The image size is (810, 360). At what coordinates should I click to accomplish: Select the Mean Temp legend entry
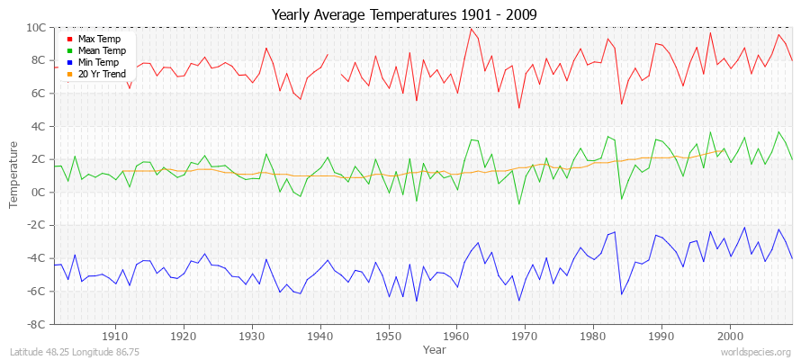tap(100, 51)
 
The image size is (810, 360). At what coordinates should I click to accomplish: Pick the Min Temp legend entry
tap(98, 63)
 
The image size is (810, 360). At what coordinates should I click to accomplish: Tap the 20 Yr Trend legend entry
tap(101, 75)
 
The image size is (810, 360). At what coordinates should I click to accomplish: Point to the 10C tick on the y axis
tap(40, 27)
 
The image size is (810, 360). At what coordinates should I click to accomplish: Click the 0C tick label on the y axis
tap(42, 192)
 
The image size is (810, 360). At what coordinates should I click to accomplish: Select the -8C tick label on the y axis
tap(40, 324)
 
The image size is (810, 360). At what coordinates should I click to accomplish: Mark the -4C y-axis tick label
tap(40, 258)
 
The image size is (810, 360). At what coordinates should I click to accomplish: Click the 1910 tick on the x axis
tap(116, 336)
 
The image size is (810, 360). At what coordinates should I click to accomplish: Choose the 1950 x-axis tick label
tap(389, 336)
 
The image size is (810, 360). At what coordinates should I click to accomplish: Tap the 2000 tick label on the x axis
tap(730, 336)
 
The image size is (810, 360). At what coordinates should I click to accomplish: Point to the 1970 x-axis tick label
tap(526, 336)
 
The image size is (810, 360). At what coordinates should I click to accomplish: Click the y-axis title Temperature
tap(14, 175)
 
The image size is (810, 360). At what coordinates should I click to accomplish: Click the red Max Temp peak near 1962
tap(471, 28)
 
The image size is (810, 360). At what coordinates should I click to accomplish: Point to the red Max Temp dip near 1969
tap(518, 108)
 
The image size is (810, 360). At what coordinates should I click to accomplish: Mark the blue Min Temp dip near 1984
tap(621, 294)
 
